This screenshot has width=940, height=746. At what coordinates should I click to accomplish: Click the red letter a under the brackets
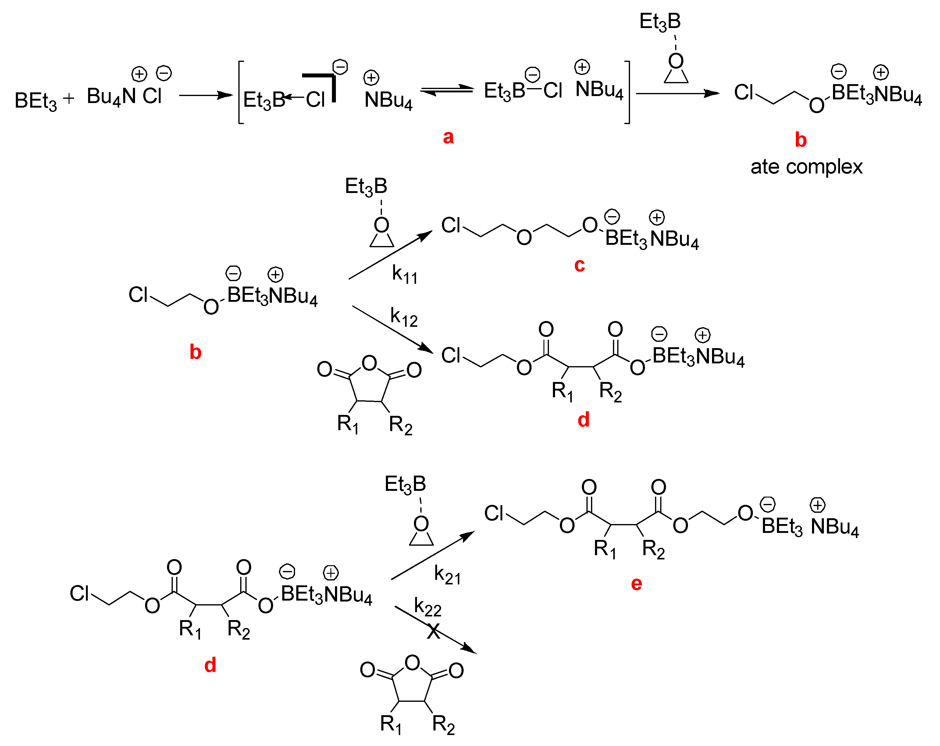[x=448, y=137]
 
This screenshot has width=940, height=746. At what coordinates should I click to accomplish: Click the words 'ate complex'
[x=806, y=167]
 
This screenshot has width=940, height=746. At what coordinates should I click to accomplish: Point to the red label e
[x=636, y=584]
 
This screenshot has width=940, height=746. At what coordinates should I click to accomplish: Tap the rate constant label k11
[x=404, y=275]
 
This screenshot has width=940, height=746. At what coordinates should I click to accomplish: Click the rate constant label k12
[x=404, y=317]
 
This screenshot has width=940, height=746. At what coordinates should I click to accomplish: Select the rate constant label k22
[x=427, y=607]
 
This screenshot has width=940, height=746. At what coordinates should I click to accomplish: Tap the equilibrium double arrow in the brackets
[x=447, y=90]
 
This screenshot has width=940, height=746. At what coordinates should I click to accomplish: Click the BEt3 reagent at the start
[x=36, y=101]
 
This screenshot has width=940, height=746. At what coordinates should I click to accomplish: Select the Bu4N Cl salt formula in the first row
[x=124, y=96]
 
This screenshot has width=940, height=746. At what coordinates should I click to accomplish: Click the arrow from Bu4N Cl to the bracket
[x=206, y=95]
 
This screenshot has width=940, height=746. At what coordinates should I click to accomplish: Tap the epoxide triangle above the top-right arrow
[x=676, y=76]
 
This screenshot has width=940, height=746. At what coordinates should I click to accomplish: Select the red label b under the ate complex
[x=800, y=140]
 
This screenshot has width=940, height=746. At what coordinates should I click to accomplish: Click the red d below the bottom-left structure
[x=210, y=665]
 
